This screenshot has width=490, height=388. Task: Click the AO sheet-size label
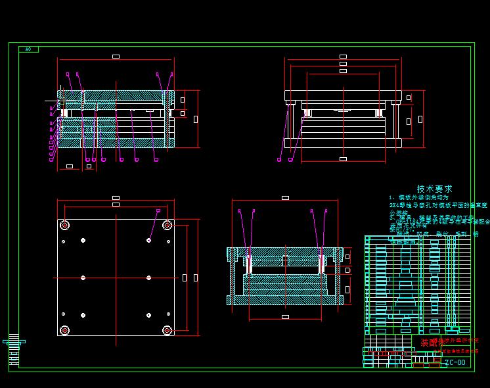coord(28,49)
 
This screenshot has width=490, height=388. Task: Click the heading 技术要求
coord(434,189)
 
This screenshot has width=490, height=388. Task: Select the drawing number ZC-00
coord(455,362)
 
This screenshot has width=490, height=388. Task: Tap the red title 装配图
coord(428,343)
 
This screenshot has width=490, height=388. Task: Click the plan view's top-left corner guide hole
coord(64,226)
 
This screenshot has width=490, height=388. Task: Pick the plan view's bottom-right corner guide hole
coord(167,330)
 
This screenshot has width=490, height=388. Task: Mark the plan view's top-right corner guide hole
coord(167,226)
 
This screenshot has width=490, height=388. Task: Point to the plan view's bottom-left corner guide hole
coord(64,330)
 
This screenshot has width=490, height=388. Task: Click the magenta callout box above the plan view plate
coord(158,210)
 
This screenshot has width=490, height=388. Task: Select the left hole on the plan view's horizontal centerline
coord(83,278)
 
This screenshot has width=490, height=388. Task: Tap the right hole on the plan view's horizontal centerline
coord(148,278)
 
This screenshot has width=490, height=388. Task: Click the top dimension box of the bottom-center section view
coord(285,197)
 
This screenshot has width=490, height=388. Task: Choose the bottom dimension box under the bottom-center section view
coord(285,317)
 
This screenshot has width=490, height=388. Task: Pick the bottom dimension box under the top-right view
coord(343,158)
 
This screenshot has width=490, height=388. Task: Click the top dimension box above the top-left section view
coord(116,57)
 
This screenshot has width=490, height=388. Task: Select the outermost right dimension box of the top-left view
coord(196,119)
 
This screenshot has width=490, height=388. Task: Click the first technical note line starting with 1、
coord(418,197)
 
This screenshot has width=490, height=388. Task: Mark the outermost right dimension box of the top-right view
coord(420,119)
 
